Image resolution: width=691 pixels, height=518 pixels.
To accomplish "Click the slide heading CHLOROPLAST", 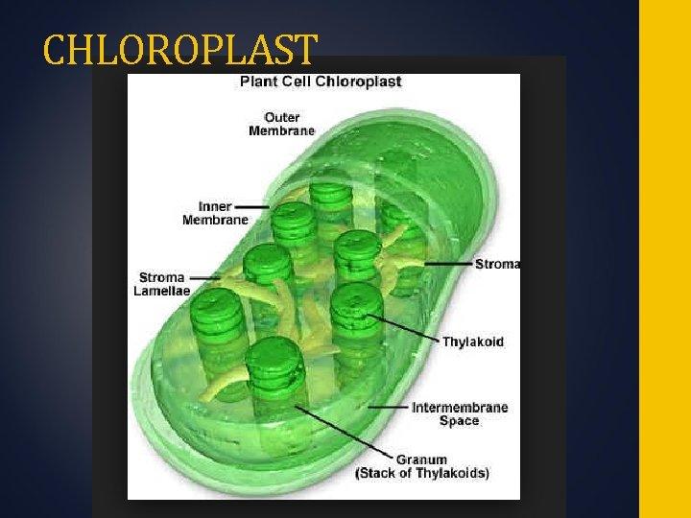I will pyautogui.click(x=179, y=50).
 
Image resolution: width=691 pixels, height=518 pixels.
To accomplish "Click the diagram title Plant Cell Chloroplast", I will pyautogui.click(x=320, y=82).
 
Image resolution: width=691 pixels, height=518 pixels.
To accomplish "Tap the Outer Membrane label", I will pyautogui.click(x=281, y=125).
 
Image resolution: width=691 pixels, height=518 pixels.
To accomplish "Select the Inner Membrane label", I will pyautogui.click(x=215, y=213).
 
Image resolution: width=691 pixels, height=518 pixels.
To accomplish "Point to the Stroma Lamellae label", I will pyautogui.click(x=162, y=284).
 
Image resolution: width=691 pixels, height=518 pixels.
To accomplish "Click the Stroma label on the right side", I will pyautogui.click(x=498, y=264).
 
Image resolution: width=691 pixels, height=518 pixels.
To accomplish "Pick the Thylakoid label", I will pyautogui.click(x=472, y=341).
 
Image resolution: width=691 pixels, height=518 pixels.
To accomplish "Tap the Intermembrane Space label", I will pyautogui.click(x=460, y=413).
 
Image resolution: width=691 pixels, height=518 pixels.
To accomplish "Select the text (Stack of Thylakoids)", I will pyautogui.click(x=422, y=473).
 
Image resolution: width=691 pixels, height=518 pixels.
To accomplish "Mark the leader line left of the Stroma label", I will pyautogui.click(x=450, y=263).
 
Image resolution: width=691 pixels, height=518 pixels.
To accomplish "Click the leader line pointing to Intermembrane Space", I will pyautogui.click(x=388, y=407).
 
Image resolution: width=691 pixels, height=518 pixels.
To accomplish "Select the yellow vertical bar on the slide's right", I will pyautogui.click(x=664, y=259).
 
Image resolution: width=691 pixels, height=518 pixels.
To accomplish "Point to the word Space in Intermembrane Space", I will pyautogui.click(x=459, y=420).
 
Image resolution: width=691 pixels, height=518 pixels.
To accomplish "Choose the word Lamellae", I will pyautogui.click(x=162, y=291).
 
